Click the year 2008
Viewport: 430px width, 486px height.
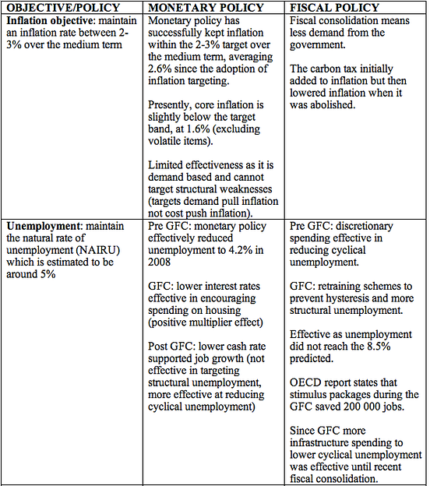click(162, 264)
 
